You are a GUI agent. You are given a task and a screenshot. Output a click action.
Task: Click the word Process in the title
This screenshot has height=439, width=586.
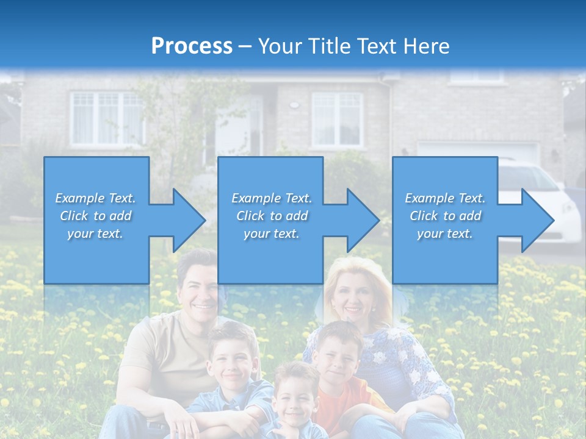click(x=192, y=46)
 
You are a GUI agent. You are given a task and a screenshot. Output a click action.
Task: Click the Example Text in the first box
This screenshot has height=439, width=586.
click(x=95, y=198)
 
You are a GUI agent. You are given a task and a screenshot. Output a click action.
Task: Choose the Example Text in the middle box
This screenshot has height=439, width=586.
click(x=271, y=198)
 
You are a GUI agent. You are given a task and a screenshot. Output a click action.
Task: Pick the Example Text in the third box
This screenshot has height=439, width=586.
click(x=445, y=198)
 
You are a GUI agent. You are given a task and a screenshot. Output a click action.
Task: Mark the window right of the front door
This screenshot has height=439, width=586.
click(x=337, y=120)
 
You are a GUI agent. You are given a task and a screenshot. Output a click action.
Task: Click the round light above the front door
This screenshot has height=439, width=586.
click(x=294, y=104)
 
